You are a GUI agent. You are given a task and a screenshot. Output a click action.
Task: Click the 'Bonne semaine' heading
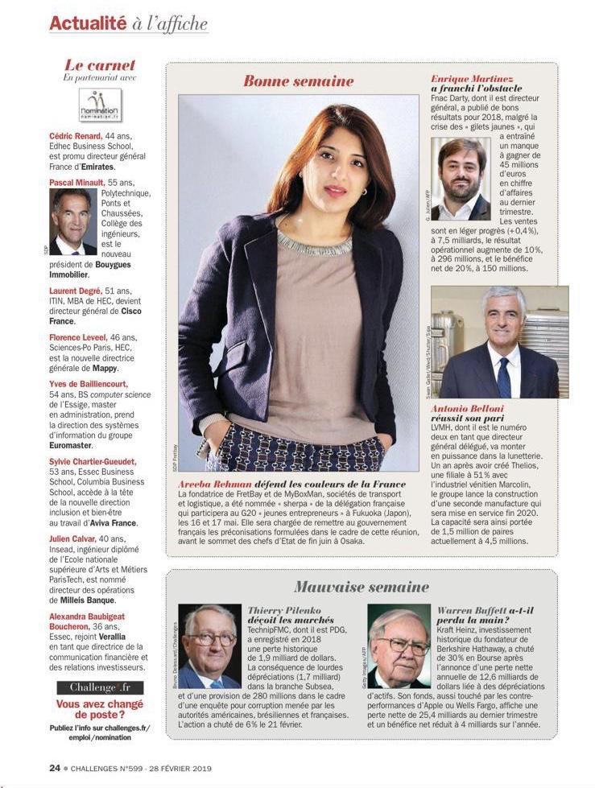(x=298, y=80)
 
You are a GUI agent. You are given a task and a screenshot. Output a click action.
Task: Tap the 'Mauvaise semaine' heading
(x=361, y=587)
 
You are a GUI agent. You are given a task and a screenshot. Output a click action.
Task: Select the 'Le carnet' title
(x=100, y=65)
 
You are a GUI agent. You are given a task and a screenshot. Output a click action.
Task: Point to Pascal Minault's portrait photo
(x=72, y=221)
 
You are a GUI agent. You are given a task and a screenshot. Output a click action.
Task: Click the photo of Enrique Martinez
(x=461, y=179)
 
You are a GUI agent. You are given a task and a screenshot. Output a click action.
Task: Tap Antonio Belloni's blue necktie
(x=504, y=377)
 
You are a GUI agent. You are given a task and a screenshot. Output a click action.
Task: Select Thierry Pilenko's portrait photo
(x=209, y=646)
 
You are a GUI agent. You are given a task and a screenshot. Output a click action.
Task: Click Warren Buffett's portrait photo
(x=399, y=646)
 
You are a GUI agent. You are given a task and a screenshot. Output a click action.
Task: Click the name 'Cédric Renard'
(x=76, y=137)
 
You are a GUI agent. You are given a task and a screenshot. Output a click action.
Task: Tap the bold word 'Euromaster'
(x=71, y=444)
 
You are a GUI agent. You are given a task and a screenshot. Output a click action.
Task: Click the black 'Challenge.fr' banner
(x=100, y=687)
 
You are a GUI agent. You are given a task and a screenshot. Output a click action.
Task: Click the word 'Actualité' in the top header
(x=88, y=23)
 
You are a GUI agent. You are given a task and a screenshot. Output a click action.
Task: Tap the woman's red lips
(x=334, y=191)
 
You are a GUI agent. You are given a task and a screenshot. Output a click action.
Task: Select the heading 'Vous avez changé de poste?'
(x=100, y=708)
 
